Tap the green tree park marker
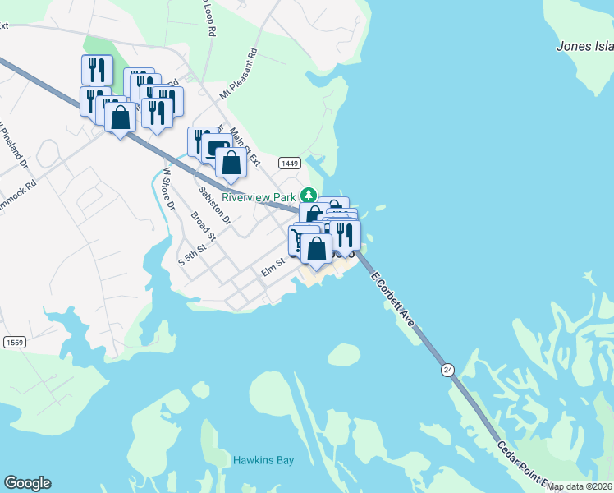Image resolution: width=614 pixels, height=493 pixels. pos(309,196)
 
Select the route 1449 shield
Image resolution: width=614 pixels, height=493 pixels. pos(288,163)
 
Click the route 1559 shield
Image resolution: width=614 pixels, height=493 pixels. pos(13,342)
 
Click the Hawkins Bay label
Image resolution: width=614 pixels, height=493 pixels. pos(263,460)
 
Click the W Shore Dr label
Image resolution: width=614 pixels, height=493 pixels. pos(168,188)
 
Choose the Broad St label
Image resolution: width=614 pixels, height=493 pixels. pos(203,228)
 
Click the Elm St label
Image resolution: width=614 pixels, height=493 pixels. pos(272,264)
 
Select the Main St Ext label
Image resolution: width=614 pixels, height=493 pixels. pos(244,145)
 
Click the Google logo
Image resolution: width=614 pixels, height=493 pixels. pos(27,483)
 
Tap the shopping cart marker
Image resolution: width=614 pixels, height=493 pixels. pos(297,241)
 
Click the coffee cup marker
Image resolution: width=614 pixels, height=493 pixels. pos(215,149)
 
